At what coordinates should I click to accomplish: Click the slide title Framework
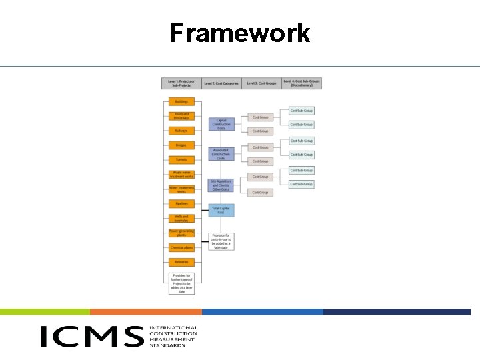[x=239, y=33]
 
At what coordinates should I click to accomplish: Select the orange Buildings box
[x=181, y=102]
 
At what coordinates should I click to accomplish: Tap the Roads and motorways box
[x=181, y=116]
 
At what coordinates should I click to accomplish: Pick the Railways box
[x=181, y=131]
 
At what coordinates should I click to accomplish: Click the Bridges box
[x=181, y=145]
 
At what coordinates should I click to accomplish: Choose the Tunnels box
[x=181, y=160]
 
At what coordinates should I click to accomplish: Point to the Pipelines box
[x=181, y=203]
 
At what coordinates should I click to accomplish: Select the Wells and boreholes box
[x=181, y=218]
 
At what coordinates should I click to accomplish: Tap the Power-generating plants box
[x=181, y=233]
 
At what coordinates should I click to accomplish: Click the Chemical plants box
[x=181, y=247]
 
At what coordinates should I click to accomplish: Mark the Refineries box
[x=181, y=262]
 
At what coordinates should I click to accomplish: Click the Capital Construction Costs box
[x=221, y=123]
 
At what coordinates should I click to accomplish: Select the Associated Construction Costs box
[x=221, y=154]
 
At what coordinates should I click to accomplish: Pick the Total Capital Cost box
[x=221, y=210]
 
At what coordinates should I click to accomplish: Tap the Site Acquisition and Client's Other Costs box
[x=221, y=185]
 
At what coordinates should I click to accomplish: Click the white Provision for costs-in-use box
[x=221, y=241]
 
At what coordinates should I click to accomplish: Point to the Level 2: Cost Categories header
[x=221, y=83]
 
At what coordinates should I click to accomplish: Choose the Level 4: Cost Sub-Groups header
[x=302, y=83]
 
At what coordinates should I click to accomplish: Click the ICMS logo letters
[x=92, y=336]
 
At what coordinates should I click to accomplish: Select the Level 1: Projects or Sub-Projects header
[x=181, y=83]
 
